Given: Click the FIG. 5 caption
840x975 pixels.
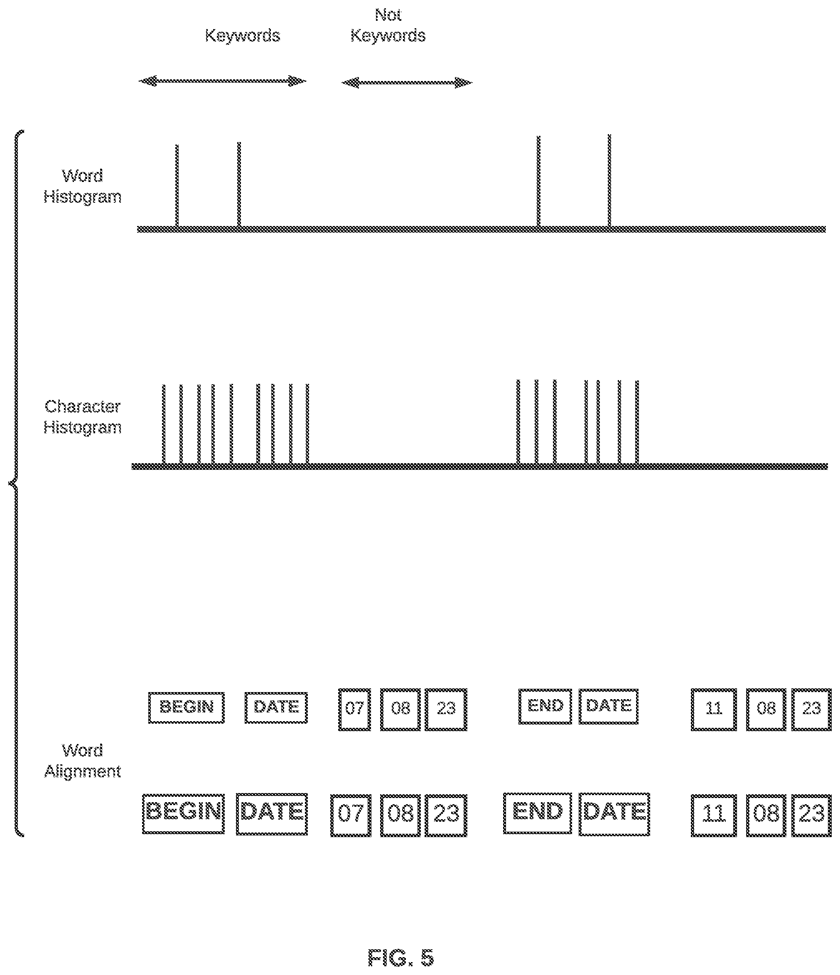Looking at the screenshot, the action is (x=400, y=958).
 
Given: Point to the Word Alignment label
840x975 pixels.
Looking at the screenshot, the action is (x=82, y=761).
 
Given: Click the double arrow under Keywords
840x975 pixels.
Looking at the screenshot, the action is (x=223, y=81).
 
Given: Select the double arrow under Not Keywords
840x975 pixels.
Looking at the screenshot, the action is (x=407, y=83).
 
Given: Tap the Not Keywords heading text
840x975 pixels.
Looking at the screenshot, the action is (x=388, y=25).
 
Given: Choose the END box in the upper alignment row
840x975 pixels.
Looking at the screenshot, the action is (x=545, y=706).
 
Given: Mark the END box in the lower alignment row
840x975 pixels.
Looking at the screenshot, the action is (x=538, y=813).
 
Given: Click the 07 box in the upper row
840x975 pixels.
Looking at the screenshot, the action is (x=354, y=710).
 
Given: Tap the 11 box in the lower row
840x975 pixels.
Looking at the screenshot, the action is (x=714, y=815).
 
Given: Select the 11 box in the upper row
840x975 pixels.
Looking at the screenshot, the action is (x=714, y=710).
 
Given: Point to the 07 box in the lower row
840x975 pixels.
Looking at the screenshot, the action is (x=351, y=815).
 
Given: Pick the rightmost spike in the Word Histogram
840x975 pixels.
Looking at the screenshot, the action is (x=609, y=180).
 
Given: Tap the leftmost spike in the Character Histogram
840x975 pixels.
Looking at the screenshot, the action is (x=164, y=424).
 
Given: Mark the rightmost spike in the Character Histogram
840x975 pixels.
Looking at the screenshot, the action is (x=637, y=422).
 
